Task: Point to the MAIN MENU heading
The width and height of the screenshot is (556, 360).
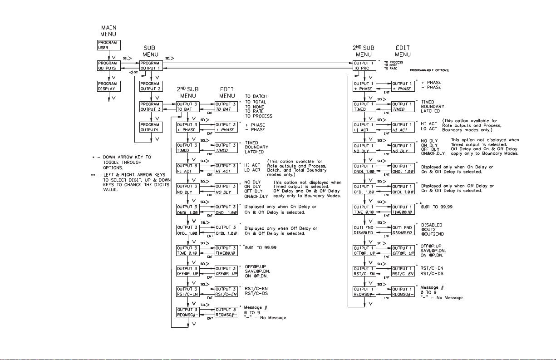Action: (108, 30)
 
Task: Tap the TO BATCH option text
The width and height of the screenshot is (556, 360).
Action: (256, 96)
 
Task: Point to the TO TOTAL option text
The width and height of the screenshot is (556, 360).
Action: (256, 101)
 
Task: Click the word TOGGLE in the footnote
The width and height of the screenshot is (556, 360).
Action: (111, 162)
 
